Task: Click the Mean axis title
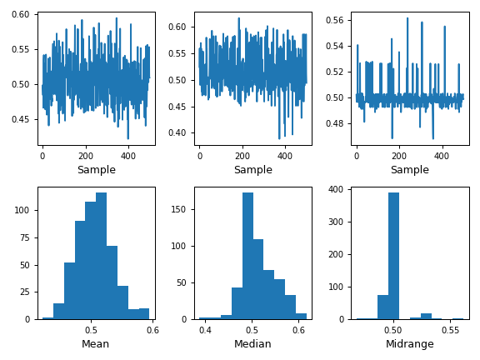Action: pos(96,343)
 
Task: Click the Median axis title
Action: pos(252,343)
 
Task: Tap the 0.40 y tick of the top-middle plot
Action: pos(178,132)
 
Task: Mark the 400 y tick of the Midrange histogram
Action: pos(337,189)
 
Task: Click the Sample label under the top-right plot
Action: pos(409,170)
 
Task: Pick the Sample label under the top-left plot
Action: pos(96,170)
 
